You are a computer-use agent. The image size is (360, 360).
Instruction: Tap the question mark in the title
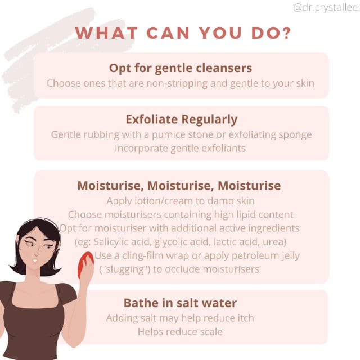click(287, 33)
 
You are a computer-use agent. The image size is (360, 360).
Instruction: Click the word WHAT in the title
click(106, 33)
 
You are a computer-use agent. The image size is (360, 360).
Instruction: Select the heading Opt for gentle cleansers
click(181, 68)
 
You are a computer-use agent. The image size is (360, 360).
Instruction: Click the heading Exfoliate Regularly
click(181, 120)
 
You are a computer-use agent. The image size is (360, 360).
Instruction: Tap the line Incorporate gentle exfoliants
click(180, 148)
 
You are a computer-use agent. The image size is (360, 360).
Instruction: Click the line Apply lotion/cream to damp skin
click(181, 201)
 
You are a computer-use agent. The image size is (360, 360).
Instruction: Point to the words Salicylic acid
click(121, 242)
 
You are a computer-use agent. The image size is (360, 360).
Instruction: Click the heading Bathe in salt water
click(180, 303)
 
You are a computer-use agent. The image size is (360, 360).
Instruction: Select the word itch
click(246, 318)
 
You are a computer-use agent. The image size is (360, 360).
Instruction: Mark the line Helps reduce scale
click(180, 332)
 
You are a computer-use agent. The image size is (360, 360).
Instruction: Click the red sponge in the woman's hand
click(85, 264)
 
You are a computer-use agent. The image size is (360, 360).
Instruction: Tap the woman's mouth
click(35, 260)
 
